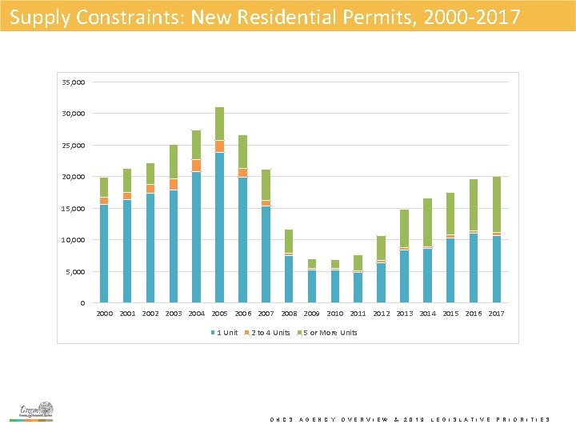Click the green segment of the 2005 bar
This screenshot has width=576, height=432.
point(219,123)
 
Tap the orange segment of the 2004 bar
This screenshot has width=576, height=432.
point(196,165)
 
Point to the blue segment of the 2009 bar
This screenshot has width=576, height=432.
point(312,286)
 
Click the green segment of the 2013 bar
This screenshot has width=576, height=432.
point(405,228)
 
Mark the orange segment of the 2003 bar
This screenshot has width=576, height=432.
point(173,184)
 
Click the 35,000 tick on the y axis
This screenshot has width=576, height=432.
point(74,82)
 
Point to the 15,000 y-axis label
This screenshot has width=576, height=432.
point(74,209)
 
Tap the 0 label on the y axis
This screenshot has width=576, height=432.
point(83,303)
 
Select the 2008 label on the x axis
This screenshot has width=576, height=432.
point(289,314)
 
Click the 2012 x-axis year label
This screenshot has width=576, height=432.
point(382,314)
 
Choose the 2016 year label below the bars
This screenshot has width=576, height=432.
point(474,314)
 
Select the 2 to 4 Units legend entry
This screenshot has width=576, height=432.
point(268,333)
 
